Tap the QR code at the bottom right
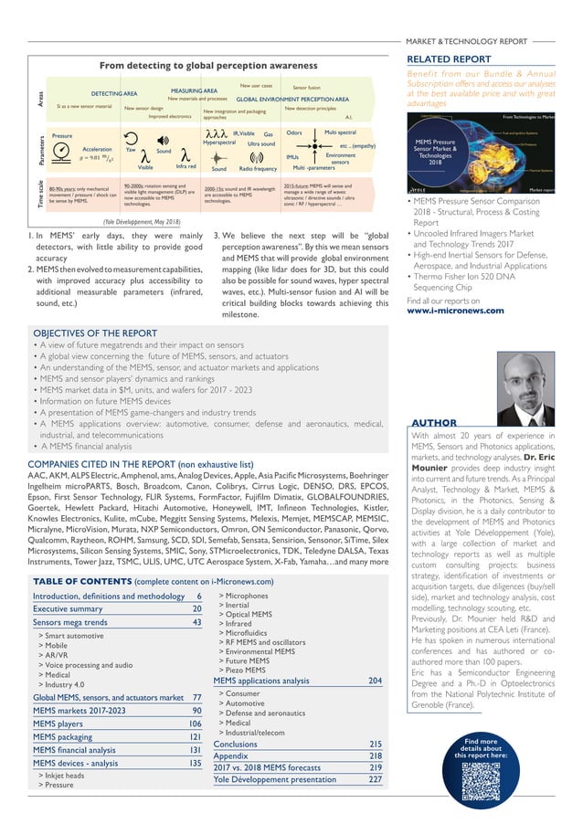point(484,781)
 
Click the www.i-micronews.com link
point(456,310)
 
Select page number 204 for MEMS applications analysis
point(375,681)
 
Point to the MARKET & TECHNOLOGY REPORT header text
point(465,41)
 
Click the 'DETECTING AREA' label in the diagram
point(113,94)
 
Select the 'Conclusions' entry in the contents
point(235,744)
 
